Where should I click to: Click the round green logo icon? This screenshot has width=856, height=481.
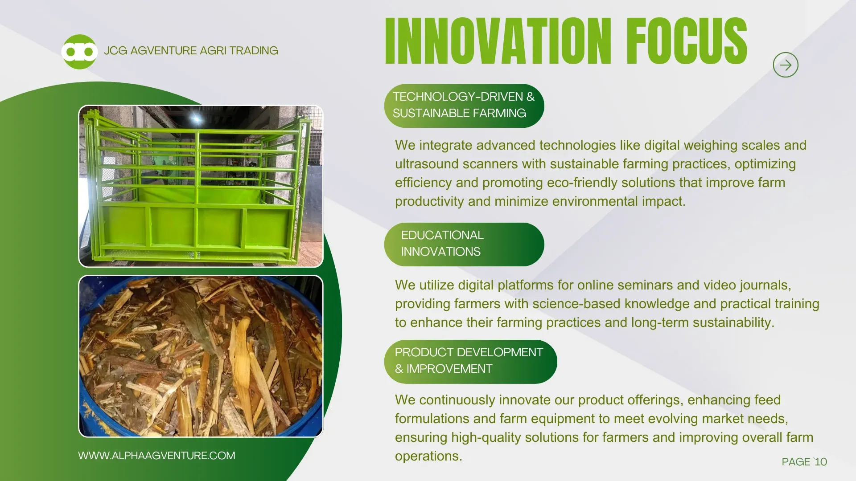[x=79, y=52]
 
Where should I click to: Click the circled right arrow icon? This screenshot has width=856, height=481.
[x=786, y=65]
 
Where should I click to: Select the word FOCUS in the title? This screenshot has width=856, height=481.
[x=687, y=41]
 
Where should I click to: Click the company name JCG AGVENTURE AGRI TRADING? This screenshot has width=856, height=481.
[x=191, y=51]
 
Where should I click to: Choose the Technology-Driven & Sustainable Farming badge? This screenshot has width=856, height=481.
[x=464, y=106]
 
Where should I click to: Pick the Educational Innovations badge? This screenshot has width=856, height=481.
[x=464, y=245]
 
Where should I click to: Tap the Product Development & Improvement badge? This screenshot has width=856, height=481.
[x=471, y=362]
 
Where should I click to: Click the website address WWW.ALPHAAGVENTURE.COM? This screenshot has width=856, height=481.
[x=156, y=456]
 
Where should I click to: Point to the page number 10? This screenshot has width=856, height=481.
[x=820, y=462]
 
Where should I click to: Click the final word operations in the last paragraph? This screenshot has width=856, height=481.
[x=428, y=457]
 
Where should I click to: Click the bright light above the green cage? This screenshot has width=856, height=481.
[x=196, y=118]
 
